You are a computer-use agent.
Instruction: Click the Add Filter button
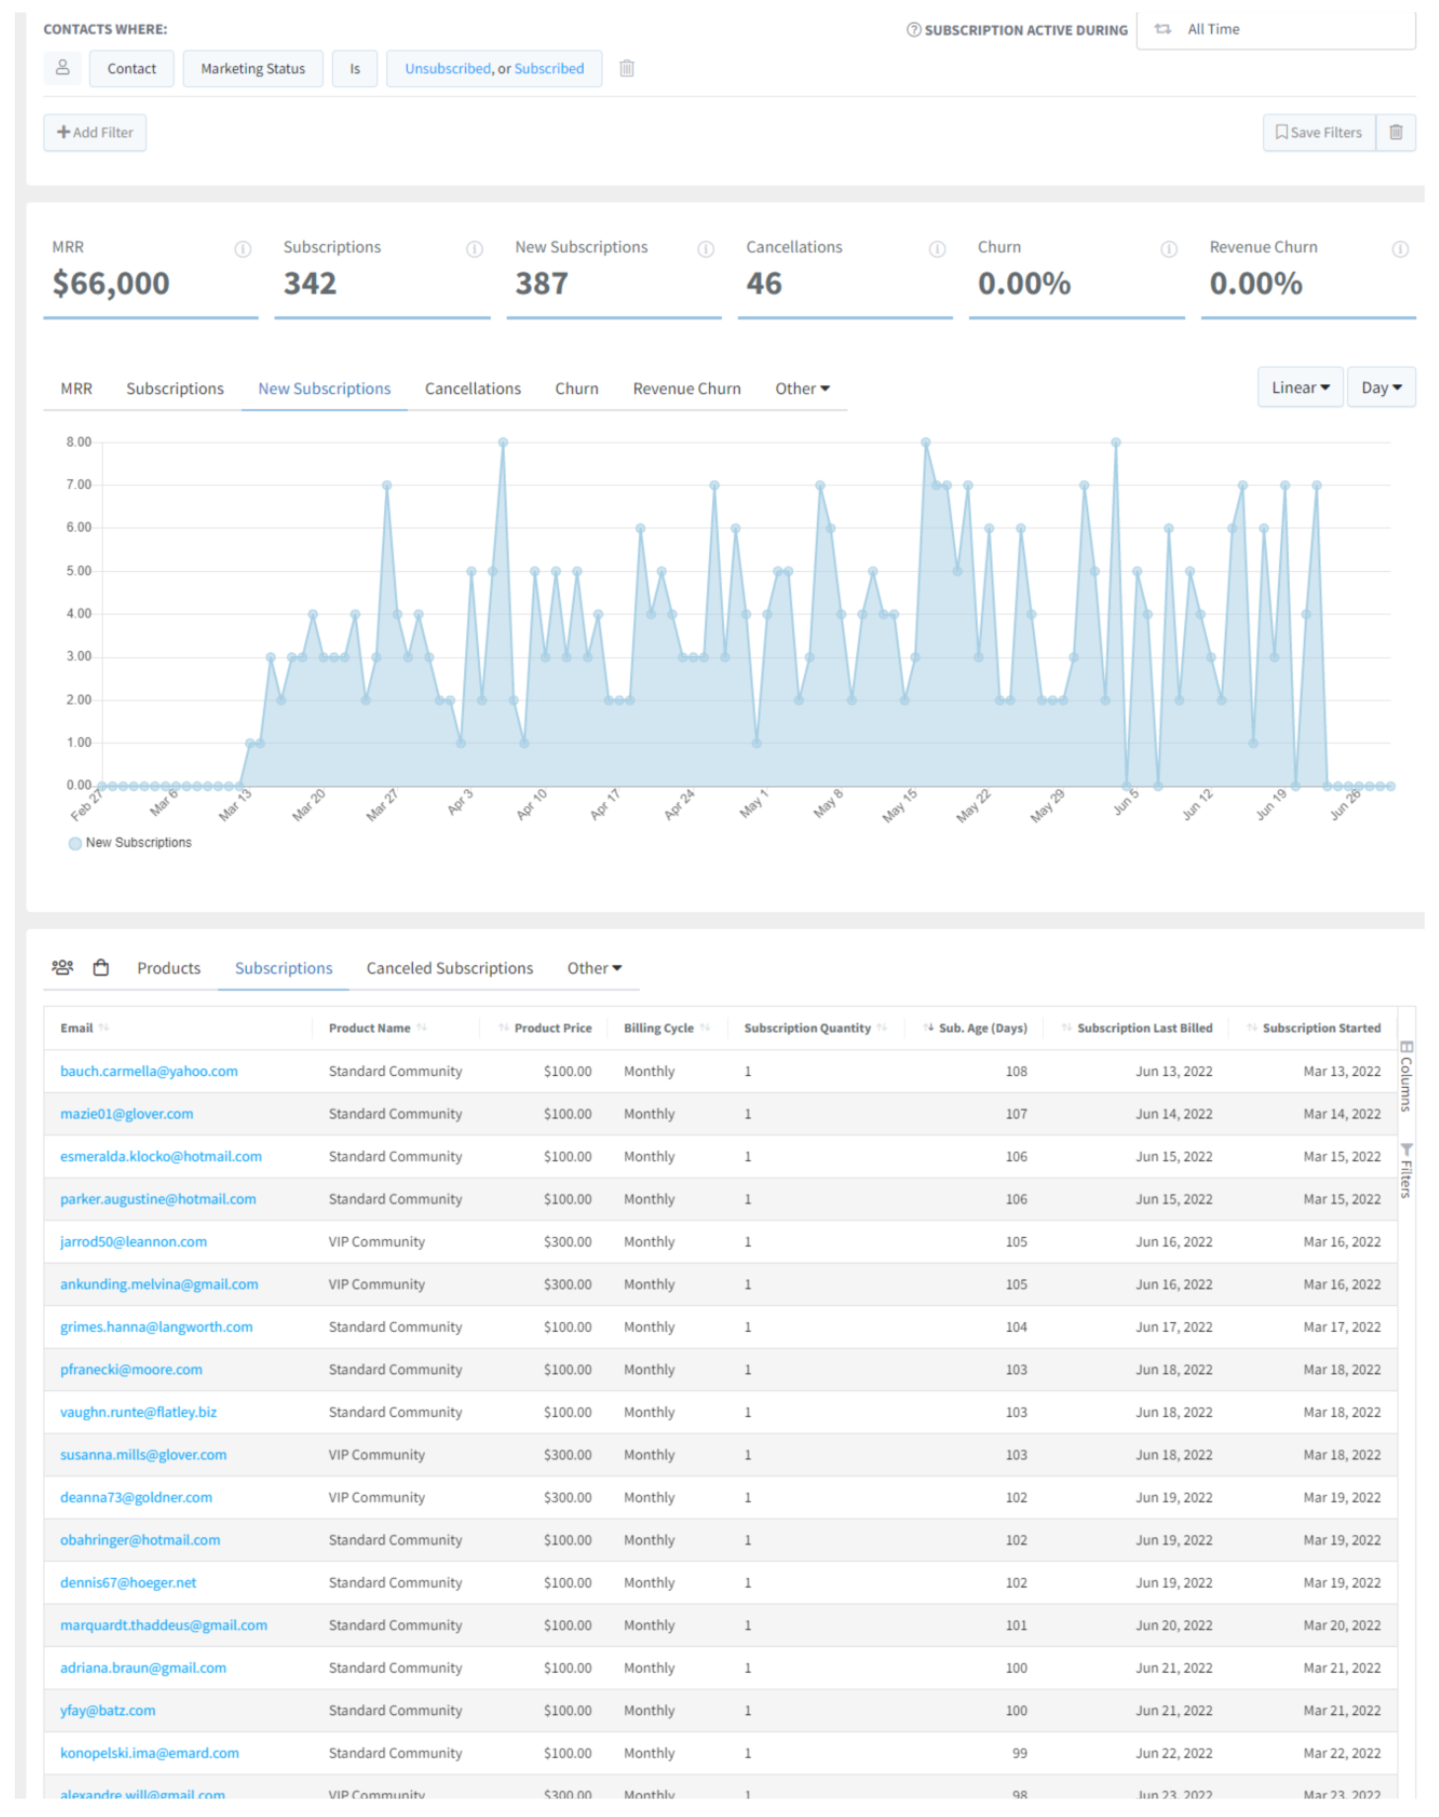[95, 132]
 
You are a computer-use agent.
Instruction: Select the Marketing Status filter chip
[253, 69]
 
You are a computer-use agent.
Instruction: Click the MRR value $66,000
[111, 285]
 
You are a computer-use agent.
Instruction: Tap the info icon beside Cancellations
[936, 249]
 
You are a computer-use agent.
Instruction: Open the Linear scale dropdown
[1300, 388]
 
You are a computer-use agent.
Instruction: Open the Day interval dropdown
[1381, 388]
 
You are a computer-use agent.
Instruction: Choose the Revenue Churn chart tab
[686, 389]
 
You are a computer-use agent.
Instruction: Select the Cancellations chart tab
[472, 389]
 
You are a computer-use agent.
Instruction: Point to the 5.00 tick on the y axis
[79, 571]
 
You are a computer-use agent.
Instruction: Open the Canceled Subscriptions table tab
[449, 968]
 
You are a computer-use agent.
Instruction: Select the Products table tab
[169, 968]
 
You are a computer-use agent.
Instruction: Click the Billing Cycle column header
[659, 1029]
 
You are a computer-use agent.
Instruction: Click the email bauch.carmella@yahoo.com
[149, 1071]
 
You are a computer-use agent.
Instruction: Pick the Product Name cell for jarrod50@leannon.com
[376, 1242]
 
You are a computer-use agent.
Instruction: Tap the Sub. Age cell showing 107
[1016, 1114]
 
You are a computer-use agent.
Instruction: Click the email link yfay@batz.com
[108, 1710]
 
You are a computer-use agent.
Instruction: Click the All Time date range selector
[1274, 30]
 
